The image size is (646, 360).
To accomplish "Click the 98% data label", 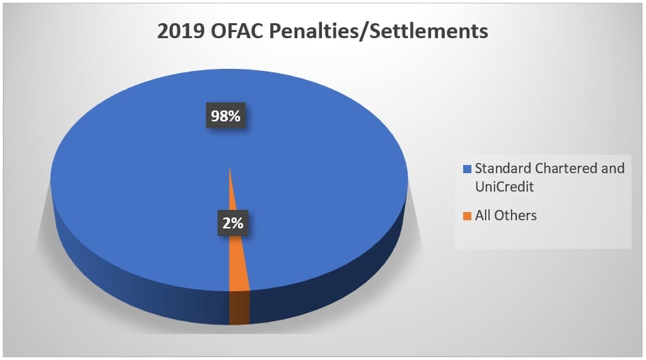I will pos(226,117).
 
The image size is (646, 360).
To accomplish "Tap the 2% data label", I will pos(231,222).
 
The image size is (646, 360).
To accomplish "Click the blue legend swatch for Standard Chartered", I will pos(467,168).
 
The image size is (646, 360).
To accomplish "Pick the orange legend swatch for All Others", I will pos(467,216).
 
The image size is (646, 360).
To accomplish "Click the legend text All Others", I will pos(505,215).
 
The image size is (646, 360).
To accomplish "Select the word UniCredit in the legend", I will pos(503,185).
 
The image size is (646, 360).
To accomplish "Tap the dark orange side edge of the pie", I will pos(239,307).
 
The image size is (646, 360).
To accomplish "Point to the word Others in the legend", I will pos(516,215).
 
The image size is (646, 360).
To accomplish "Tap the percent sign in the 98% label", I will pos(235,117).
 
